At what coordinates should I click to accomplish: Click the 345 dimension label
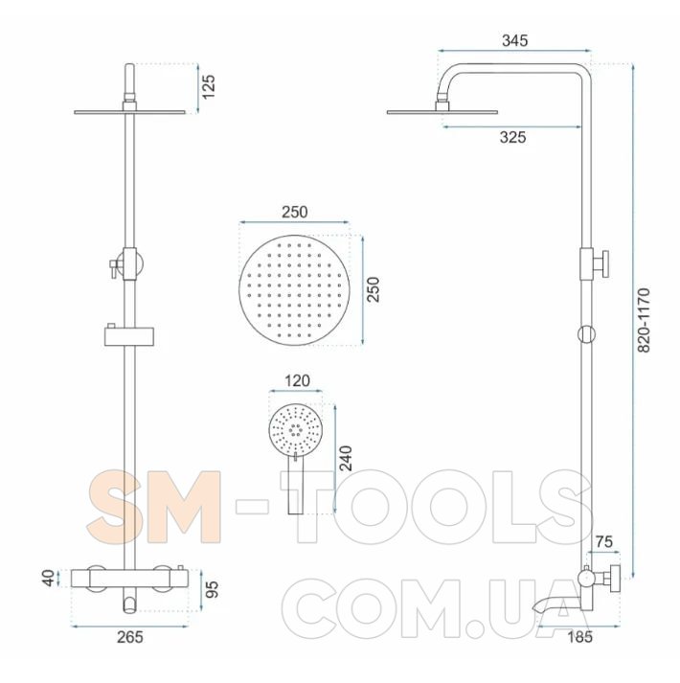[x=515, y=40]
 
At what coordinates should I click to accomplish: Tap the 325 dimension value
[x=512, y=137]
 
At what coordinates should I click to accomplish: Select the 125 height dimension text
[x=209, y=86]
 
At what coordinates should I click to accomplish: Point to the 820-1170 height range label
[x=644, y=320]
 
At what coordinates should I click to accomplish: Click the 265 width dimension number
[x=130, y=637]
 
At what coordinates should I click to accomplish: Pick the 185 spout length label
[x=579, y=637]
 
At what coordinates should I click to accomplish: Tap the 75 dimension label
[x=604, y=541]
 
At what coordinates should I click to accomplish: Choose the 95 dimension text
[x=212, y=589]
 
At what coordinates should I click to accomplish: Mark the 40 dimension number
[x=48, y=578]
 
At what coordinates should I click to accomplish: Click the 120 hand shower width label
[x=297, y=380]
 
